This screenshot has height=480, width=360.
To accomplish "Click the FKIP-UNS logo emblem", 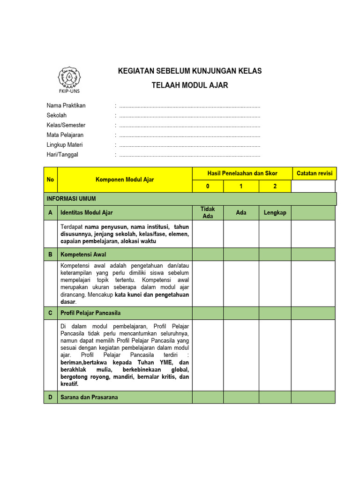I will (69, 77).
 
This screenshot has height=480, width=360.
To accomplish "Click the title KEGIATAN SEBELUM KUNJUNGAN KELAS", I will (189, 71).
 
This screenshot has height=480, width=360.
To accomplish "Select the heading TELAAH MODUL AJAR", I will (190, 85).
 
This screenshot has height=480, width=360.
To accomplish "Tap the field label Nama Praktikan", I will (66, 105).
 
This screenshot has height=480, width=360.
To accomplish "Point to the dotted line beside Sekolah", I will (189, 115).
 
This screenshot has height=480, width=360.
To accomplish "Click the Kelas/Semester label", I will (66, 125).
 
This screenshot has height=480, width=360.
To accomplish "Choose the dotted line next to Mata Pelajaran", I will (189, 135).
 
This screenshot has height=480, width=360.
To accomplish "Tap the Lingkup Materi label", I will (65, 145).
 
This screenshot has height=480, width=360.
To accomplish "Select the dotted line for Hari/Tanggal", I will (189, 155).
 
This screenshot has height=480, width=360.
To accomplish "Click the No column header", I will (50, 180).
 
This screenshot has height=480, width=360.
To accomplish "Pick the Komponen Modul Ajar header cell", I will (125, 180).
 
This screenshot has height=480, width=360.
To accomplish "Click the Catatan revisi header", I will (315, 173).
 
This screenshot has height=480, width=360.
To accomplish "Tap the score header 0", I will (208, 186).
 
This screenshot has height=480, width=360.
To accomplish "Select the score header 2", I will (275, 186).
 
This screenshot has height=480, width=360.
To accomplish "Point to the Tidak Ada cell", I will (208, 212).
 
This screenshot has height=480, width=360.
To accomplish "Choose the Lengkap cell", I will (275, 212).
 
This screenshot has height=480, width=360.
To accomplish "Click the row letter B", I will (50, 255).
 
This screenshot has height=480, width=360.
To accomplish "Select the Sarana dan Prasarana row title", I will (89, 397).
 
